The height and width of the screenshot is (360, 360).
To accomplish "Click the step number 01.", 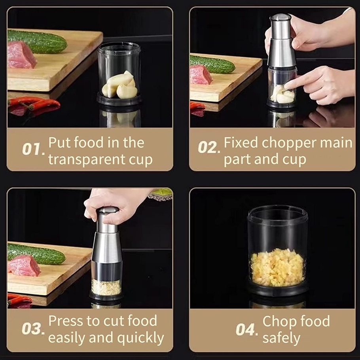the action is pos(33,150).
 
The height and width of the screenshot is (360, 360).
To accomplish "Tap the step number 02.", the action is pos(209,148).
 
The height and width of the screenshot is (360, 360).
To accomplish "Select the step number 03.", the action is pos(33,328).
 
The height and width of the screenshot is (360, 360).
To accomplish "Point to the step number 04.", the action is pos(246,330).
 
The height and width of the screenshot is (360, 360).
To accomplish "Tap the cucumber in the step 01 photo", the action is pos(37,41).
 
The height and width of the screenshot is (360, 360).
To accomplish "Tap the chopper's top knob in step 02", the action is pos(280,17).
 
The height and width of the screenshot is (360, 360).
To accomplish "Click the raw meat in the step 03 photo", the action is pos(24,265).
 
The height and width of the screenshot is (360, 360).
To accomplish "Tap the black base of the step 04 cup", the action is pos(278,290).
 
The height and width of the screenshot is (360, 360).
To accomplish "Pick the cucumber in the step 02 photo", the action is pos(212,64).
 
